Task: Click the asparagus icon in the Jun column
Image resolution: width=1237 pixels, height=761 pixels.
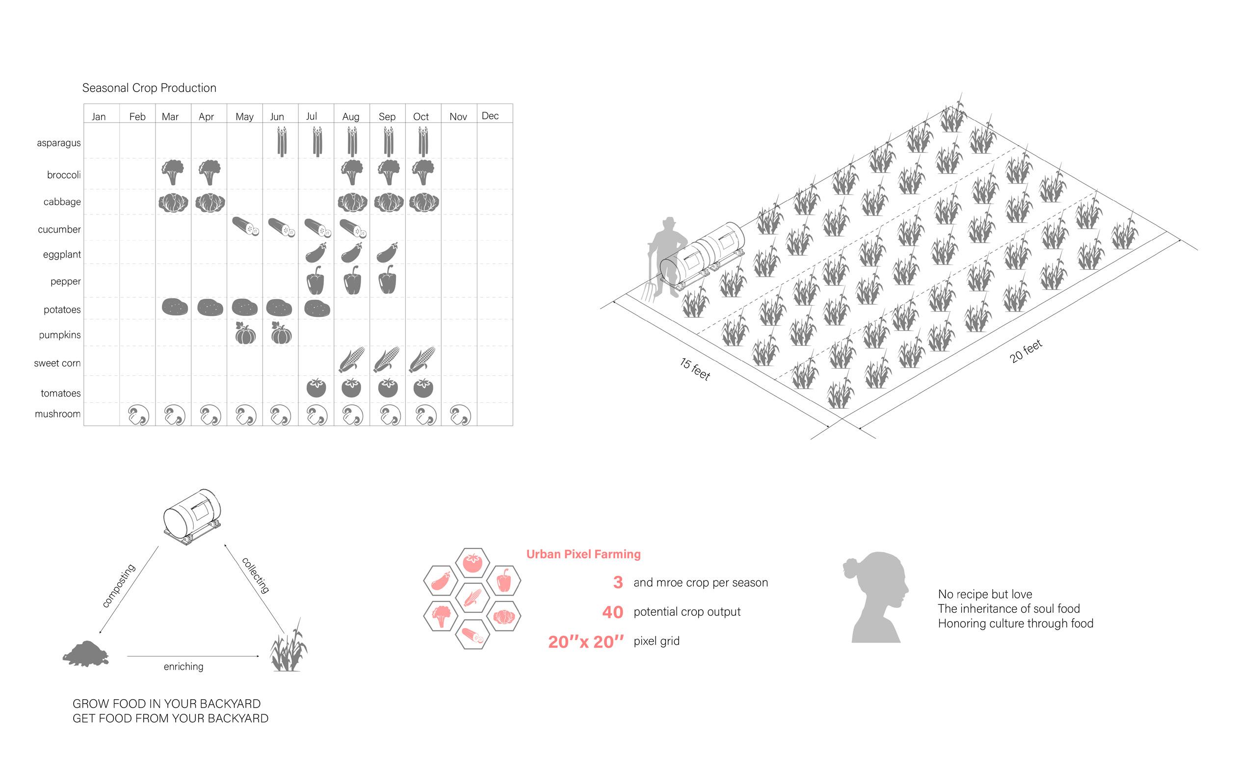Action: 281,141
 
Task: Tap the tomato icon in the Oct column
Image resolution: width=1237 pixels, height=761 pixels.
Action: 423,388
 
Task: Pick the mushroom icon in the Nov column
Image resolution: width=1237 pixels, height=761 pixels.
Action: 460,416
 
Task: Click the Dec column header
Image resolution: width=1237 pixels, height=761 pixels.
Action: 490,116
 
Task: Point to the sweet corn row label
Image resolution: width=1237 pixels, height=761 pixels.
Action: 57,363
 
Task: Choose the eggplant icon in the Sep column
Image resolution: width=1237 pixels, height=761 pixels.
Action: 387,253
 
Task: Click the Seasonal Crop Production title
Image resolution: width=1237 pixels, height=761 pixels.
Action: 149,88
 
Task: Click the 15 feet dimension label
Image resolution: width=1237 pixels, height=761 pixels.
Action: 694,369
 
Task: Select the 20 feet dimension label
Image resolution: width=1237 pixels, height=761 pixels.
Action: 1026,351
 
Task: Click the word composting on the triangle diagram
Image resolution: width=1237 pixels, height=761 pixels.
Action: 119,585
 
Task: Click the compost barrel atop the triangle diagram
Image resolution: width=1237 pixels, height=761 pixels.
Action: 193,516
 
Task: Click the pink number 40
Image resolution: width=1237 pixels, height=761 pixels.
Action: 612,612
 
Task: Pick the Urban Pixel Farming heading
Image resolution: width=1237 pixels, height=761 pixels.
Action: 583,554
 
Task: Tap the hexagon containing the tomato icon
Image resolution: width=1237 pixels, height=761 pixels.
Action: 472,563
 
